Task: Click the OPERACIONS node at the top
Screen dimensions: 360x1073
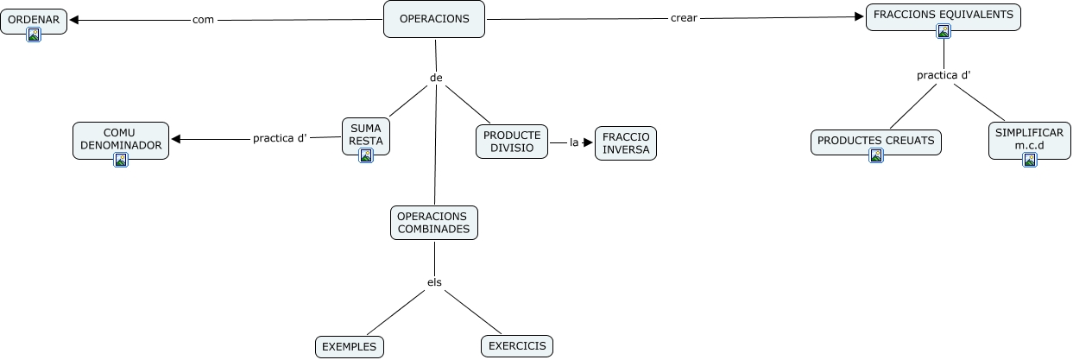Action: coord(434,19)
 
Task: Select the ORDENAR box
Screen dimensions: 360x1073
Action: coord(34,19)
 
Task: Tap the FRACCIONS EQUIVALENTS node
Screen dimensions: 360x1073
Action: coord(944,15)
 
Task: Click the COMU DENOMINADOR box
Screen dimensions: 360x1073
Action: coord(121,139)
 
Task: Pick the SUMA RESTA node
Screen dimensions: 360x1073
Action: coord(366,134)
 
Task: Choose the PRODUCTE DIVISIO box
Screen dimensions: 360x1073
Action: coord(512,142)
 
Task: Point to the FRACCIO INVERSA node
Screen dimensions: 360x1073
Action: coord(626,143)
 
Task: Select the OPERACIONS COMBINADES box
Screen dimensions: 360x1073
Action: coord(434,223)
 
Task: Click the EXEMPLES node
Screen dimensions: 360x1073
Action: coord(349,347)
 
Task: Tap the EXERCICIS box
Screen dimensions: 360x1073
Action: coord(517,346)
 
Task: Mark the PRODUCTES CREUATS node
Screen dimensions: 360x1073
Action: coord(876,140)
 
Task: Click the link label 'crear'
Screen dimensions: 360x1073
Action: coord(684,18)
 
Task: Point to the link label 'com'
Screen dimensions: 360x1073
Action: coord(203,19)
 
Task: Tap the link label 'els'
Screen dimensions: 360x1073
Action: coord(434,282)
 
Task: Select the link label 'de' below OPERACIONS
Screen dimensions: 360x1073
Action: coord(436,78)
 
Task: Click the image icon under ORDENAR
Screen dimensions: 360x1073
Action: coord(34,35)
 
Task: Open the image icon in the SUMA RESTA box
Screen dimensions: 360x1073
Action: coord(366,155)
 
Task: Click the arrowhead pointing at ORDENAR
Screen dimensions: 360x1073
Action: coord(74,19)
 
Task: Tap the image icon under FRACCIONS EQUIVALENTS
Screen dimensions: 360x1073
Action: coord(944,31)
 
